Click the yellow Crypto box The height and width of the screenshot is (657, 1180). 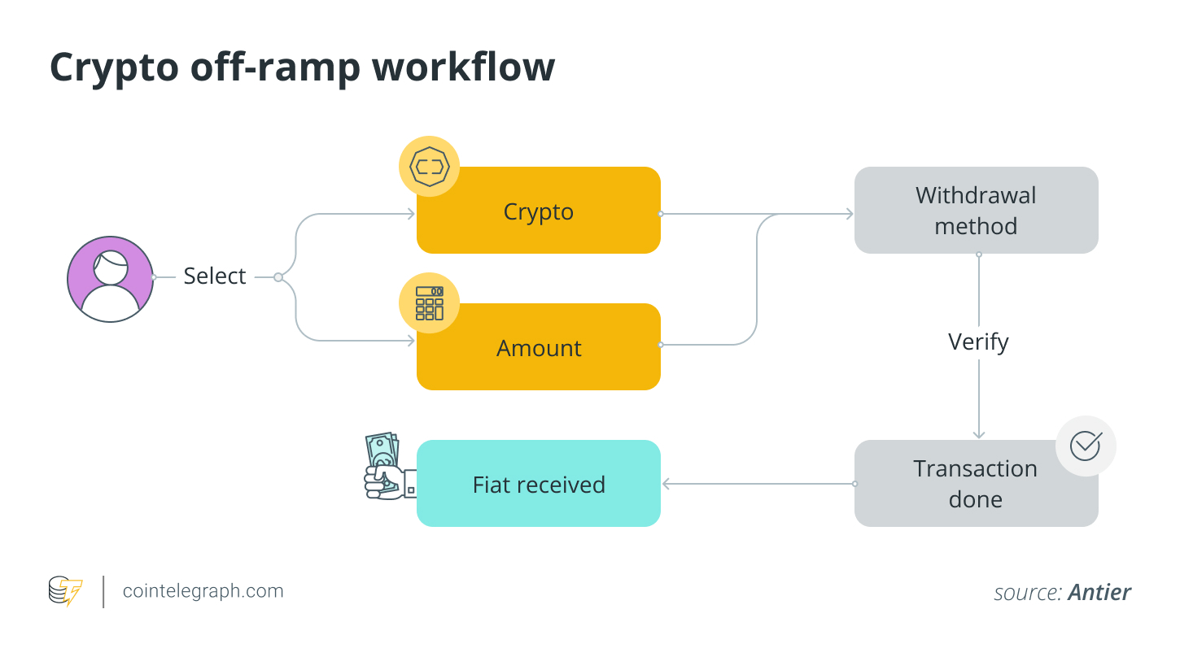tap(538, 211)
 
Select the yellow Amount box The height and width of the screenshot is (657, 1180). tap(538, 347)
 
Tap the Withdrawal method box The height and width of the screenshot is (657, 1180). tap(976, 211)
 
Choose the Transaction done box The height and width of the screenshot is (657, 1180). tap(975, 484)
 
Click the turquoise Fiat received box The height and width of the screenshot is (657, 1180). tap(538, 484)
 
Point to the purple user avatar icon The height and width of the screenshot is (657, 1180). tap(110, 279)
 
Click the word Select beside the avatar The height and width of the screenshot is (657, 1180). tap(214, 276)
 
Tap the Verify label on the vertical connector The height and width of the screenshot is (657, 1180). tap(978, 342)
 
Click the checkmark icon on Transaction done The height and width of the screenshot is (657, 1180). tap(1085, 446)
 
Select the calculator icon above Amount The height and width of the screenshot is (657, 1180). tap(429, 302)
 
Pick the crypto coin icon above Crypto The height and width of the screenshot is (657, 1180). tap(429, 167)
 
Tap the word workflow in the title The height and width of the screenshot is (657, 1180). tap(463, 67)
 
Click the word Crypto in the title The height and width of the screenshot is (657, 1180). tap(114, 67)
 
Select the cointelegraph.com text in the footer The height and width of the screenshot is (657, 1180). tap(203, 591)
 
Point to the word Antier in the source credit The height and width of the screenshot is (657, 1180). tap(1099, 593)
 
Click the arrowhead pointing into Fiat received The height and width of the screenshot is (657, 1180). tap(666, 484)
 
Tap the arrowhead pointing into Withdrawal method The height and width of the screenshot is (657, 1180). tap(849, 214)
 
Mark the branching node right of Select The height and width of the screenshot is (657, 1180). tap(278, 277)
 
